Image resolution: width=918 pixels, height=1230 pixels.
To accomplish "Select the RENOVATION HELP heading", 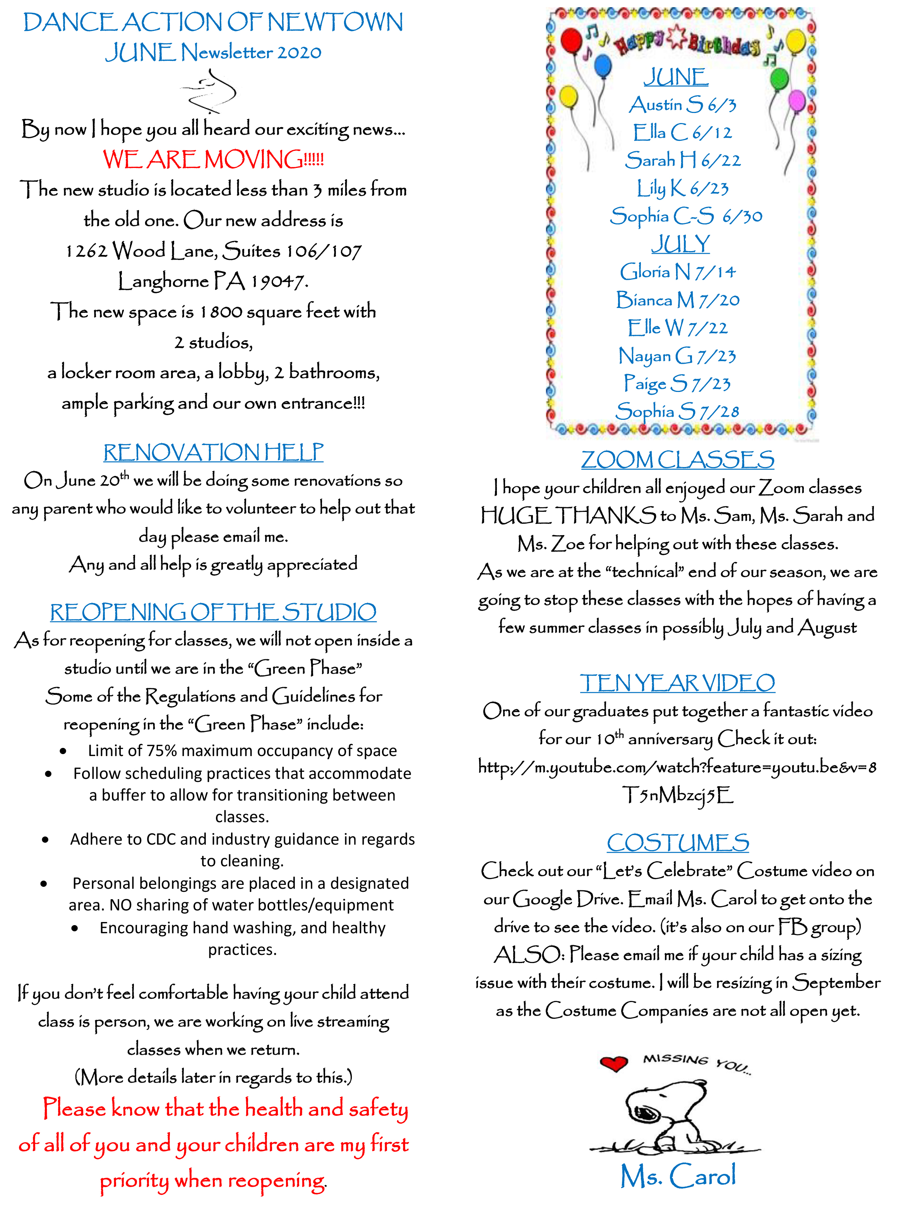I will [x=213, y=452].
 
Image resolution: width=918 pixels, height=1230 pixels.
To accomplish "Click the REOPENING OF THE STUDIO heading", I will [x=213, y=612].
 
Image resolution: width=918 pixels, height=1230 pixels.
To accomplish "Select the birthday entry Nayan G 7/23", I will [x=677, y=356].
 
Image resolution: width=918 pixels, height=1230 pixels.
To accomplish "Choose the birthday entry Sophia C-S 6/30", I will [x=686, y=216].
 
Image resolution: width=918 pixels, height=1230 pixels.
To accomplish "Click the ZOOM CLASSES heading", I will [x=677, y=460].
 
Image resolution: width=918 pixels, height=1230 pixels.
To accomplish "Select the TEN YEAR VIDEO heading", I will [x=677, y=683].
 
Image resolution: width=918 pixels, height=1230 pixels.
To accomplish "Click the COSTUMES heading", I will [x=677, y=843].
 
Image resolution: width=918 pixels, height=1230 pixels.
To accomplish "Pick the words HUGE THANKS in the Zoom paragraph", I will [x=568, y=515].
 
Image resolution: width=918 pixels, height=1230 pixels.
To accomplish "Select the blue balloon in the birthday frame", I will [x=602, y=67].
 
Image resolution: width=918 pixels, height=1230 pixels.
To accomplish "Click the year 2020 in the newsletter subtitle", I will [x=299, y=53].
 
